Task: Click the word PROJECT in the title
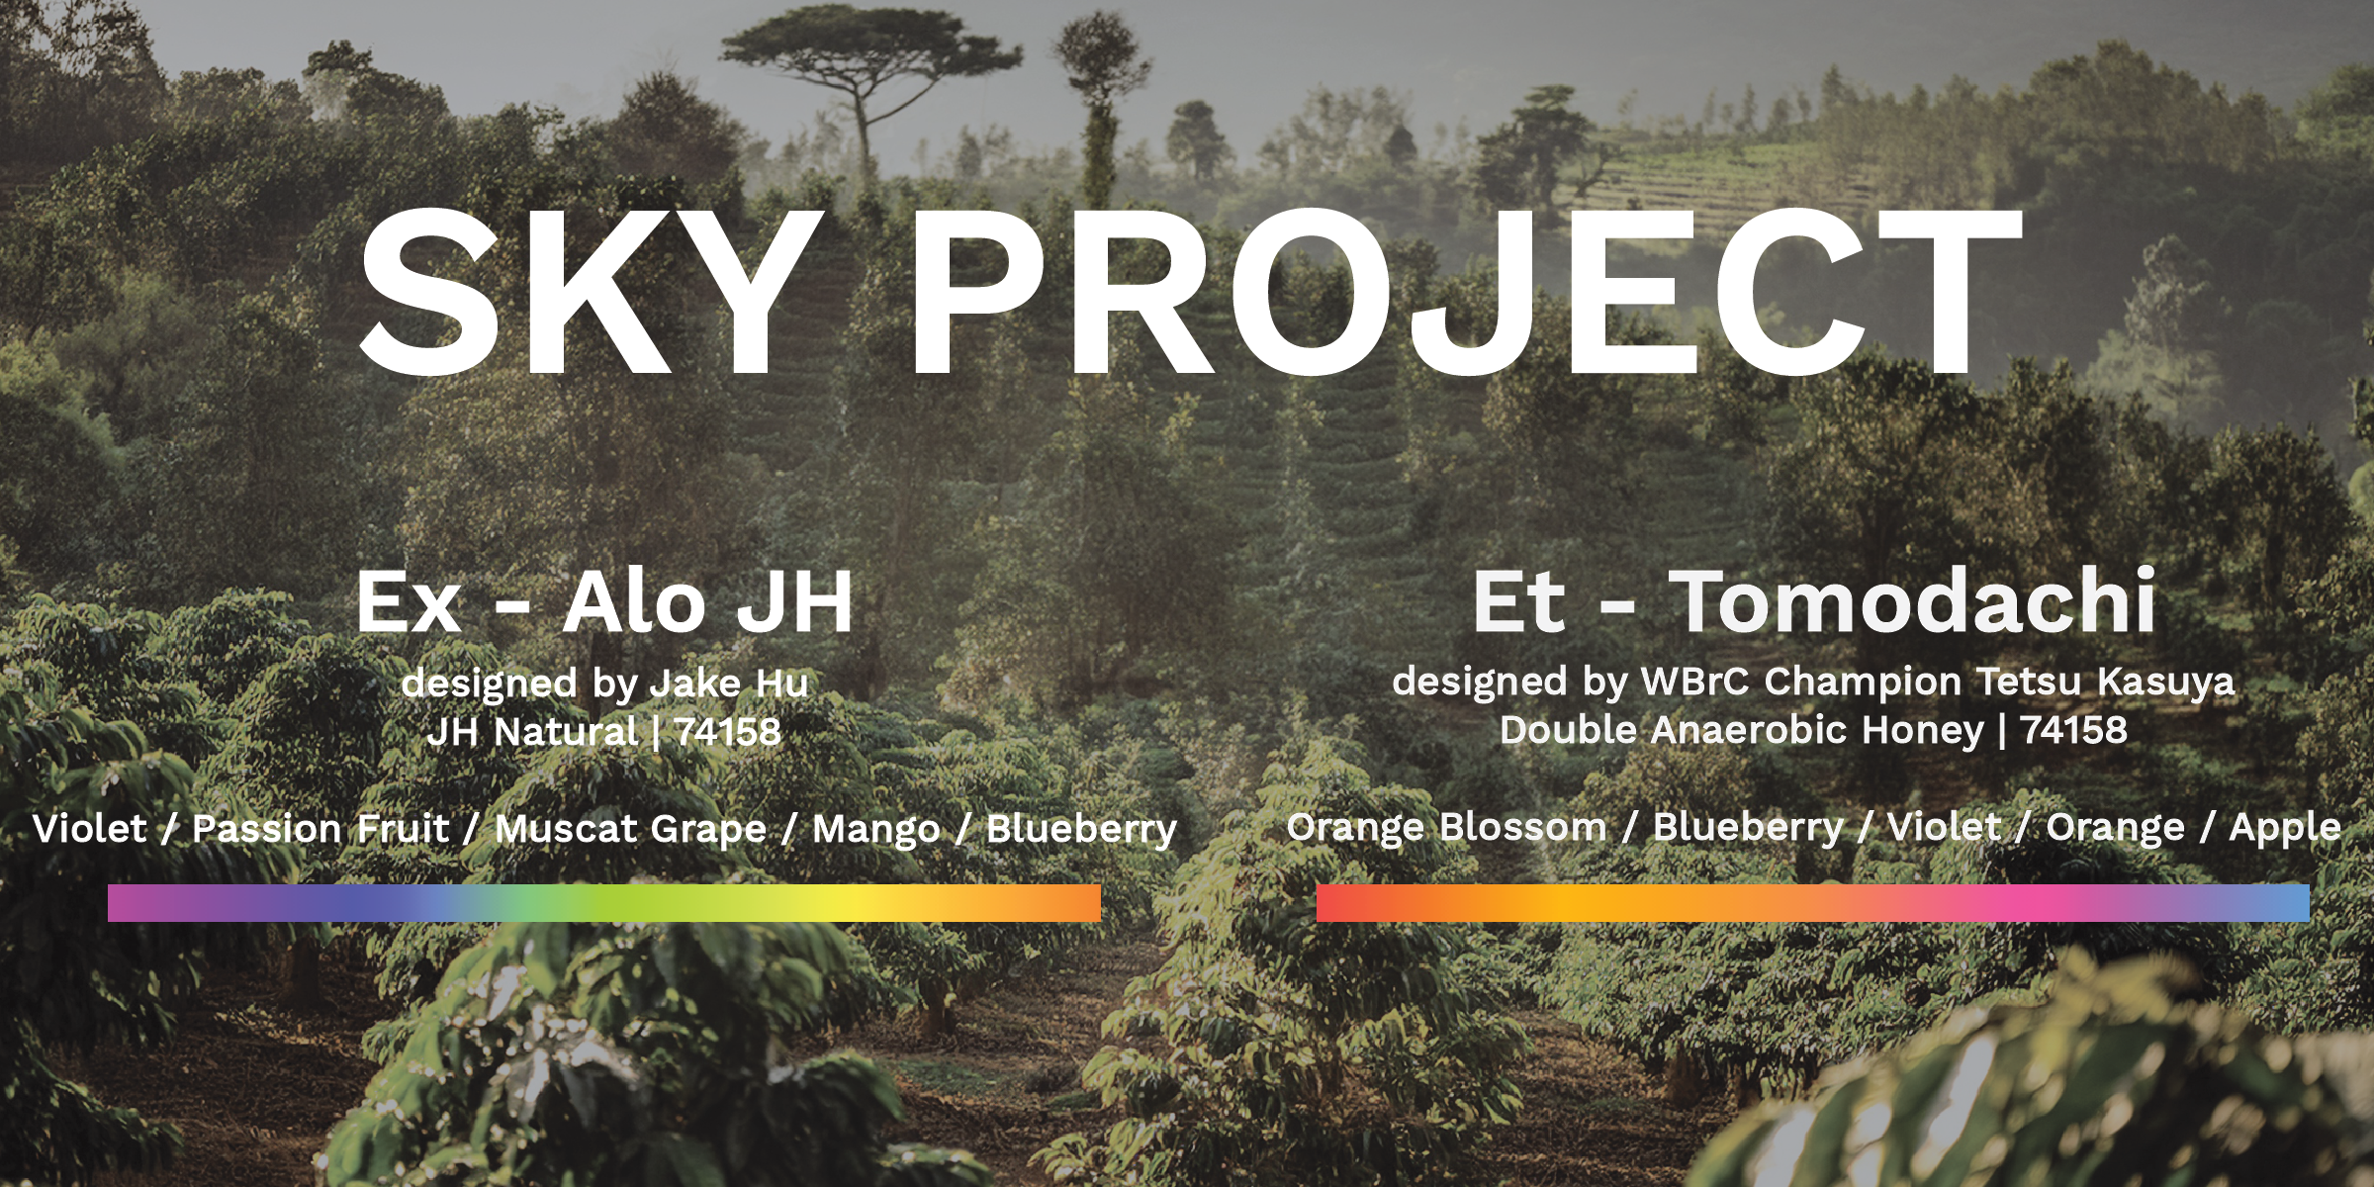pyautogui.click(x=1465, y=294)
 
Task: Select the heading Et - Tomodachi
pyautogui.click(x=1813, y=600)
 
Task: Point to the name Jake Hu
pyautogui.click(x=729, y=683)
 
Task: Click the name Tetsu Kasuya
pyautogui.click(x=2106, y=681)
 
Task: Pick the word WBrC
pyautogui.click(x=1694, y=681)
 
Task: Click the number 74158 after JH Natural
pyautogui.click(x=727, y=732)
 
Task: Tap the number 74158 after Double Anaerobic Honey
pyautogui.click(x=2073, y=730)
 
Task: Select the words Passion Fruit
pyautogui.click(x=320, y=829)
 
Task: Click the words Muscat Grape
pyautogui.click(x=630, y=829)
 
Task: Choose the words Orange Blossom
pyautogui.click(x=1447, y=827)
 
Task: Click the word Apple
pyautogui.click(x=2285, y=828)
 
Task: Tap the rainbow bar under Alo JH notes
pyautogui.click(x=604, y=903)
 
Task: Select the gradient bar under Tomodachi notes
pyautogui.click(x=1813, y=903)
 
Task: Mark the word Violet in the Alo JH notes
pyautogui.click(x=90, y=829)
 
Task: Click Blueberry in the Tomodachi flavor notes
pyautogui.click(x=1748, y=827)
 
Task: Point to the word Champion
pyautogui.click(x=1863, y=682)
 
